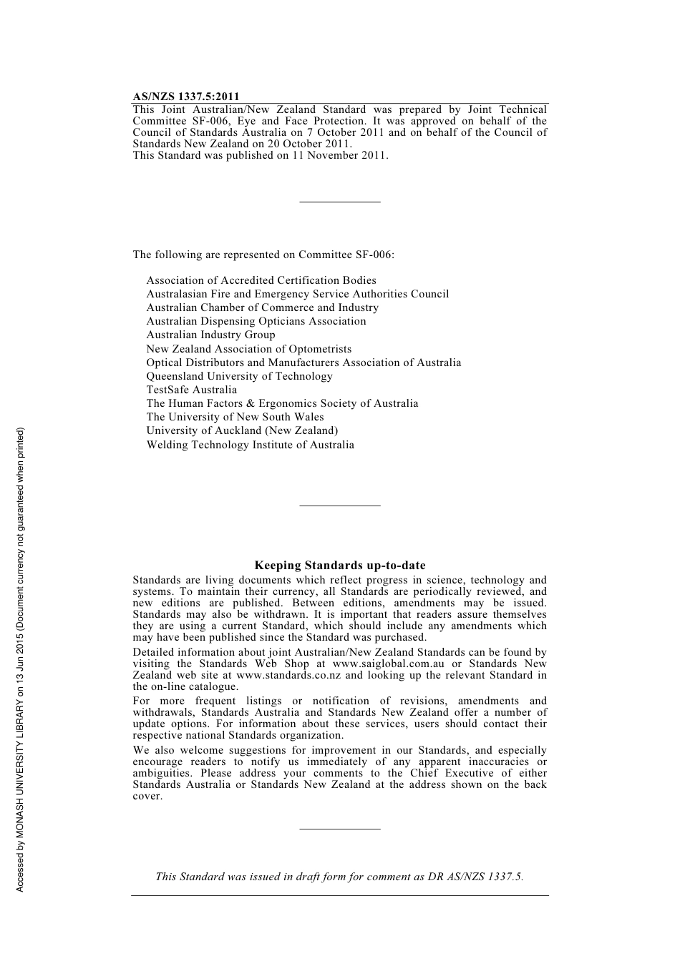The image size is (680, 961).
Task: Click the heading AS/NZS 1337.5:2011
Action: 186,97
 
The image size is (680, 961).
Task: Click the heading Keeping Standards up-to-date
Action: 340,566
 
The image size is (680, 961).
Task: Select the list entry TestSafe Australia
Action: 191,390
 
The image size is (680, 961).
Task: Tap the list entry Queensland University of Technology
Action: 239,377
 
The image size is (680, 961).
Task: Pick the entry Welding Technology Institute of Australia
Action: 250,445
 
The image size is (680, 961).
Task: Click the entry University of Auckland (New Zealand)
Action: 242,431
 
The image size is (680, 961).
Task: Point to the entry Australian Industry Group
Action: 210,335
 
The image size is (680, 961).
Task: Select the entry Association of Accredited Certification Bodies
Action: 261,281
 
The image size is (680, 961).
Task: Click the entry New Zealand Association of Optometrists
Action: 248,350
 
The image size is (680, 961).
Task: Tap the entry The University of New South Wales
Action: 235,418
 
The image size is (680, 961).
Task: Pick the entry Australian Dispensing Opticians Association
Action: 256,322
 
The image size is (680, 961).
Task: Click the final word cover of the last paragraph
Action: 147,797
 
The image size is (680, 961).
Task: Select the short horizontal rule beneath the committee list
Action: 340,506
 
